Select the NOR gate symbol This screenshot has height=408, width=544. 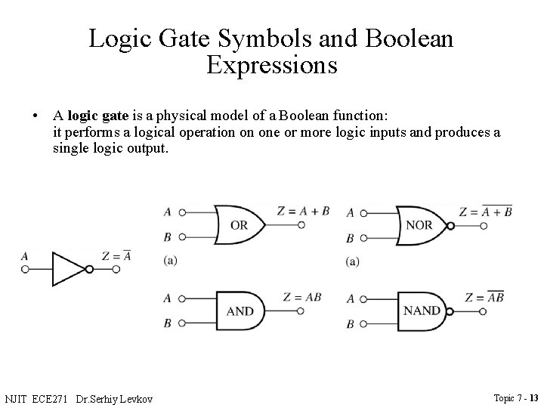pyautogui.click(x=419, y=225)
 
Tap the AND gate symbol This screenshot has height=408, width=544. pyautogui.click(x=240, y=311)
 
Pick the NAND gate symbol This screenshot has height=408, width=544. pyautogui.click(x=420, y=311)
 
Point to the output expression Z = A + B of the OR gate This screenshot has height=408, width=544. pyautogui.click(x=303, y=212)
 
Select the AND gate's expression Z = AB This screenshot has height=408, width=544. pyautogui.click(x=301, y=297)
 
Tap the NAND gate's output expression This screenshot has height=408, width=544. pyautogui.click(x=485, y=297)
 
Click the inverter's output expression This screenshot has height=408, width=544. pyautogui.click(x=116, y=256)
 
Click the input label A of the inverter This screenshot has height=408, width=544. pyautogui.click(x=24, y=257)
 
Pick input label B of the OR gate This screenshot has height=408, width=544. pyautogui.click(x=167, y=238)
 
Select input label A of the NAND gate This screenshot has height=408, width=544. pyautogui.click(x=350, y=298)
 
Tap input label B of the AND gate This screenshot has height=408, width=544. pyautogui.click(x=167, y=323)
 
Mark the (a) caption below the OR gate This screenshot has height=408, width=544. pyautogui.click(x=170, y=261)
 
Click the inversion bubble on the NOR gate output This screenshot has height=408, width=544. pyautogui.click(x=450, y=225)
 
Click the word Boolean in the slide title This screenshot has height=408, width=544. pyautogui.click(x=410, y=38)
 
